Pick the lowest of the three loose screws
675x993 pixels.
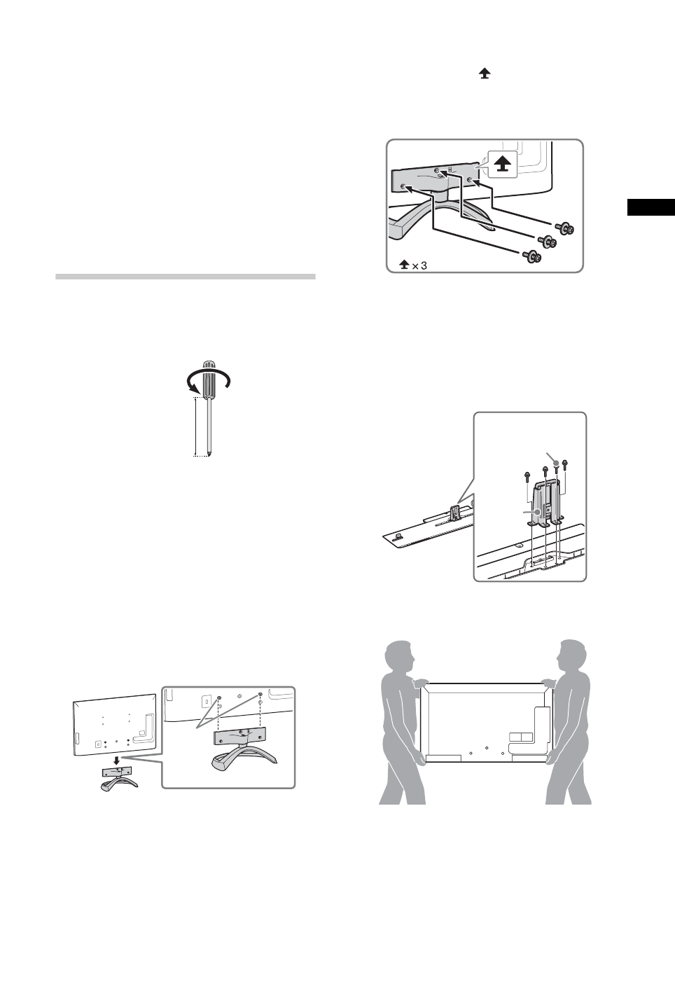(x=532, y=256)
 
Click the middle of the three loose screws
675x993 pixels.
(x=546, y=242)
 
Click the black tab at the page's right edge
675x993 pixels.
(x=650, y=207)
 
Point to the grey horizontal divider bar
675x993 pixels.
(x=185, y=277)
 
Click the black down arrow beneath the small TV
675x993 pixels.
(x=116, y=761)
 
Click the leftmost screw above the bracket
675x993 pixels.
(x=526, y=476)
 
